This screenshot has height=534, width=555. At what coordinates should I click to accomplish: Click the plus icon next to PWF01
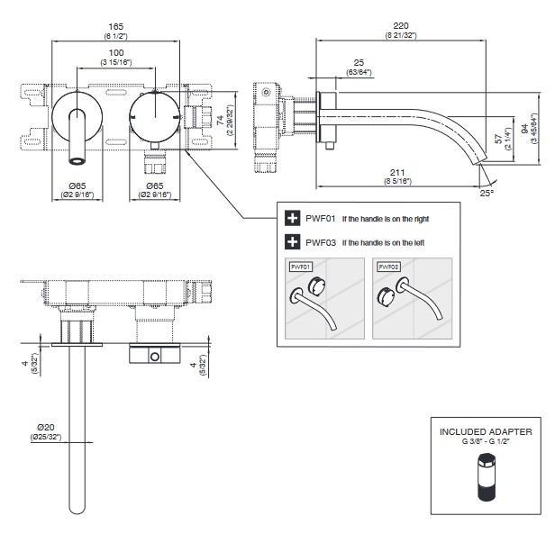click(x=292, y=218)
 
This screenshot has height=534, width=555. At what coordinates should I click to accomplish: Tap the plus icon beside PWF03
click(x=292, y=241)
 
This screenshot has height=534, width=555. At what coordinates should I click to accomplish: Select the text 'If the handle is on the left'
click(x=381, y=241)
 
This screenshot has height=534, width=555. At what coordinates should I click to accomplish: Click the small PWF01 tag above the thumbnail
click(x=300, y=267)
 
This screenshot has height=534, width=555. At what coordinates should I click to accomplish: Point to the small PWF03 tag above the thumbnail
click(x=388, y=267)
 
